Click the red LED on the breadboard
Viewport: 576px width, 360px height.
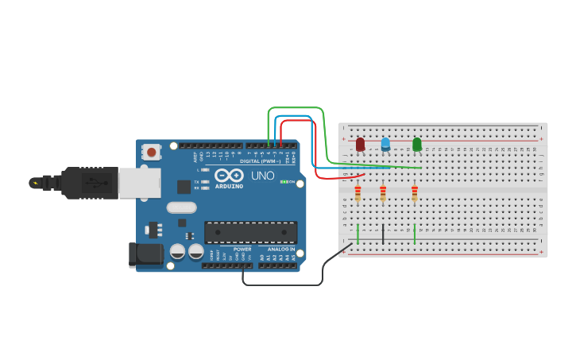360,144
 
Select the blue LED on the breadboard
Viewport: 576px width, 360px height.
385,144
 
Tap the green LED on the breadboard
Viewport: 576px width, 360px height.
417,144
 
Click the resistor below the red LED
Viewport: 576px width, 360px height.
358,193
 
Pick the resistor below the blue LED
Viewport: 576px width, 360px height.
383,193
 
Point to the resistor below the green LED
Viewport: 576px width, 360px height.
414,193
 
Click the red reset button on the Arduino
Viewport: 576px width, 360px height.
151,151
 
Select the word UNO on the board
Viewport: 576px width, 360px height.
262,176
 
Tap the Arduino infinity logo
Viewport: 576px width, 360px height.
229,176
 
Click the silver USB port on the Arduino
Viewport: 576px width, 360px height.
139,182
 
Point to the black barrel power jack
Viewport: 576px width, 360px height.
146,254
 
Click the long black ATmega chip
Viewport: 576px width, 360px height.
251,232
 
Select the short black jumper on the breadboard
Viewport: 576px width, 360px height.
383,234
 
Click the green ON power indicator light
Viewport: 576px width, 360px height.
284,182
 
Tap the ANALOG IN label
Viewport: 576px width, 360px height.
280,250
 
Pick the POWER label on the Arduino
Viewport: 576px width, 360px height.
242,250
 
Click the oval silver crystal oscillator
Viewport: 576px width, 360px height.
181,207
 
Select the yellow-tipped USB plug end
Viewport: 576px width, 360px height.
35,183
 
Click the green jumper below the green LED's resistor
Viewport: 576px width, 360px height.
415,234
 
